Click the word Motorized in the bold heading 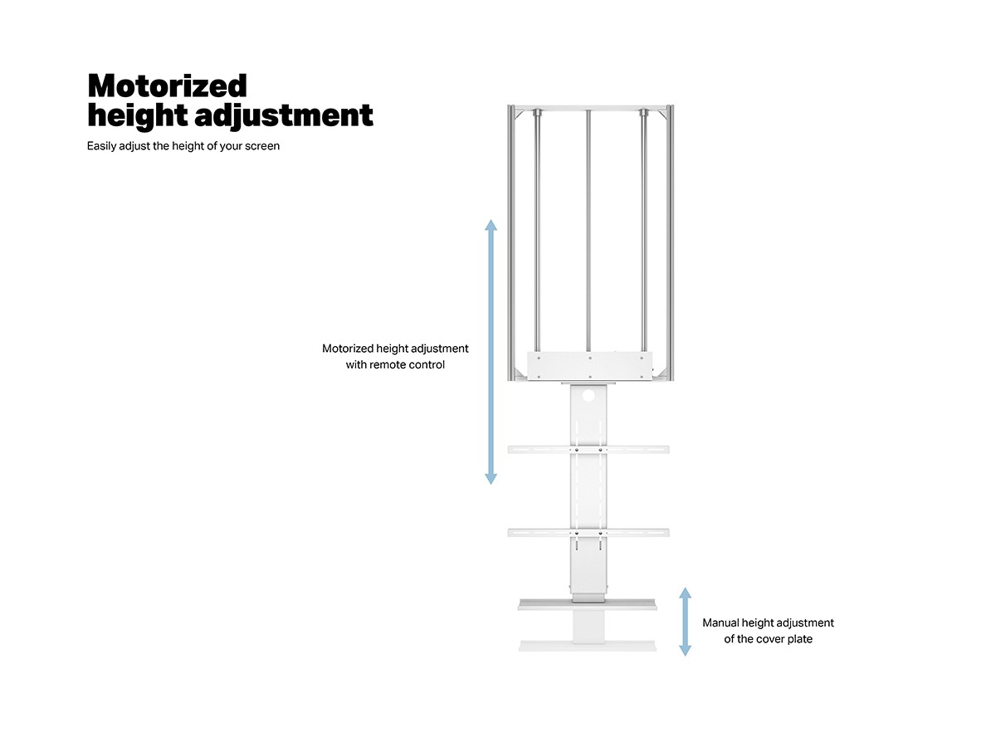point(168,85)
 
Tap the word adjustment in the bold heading point(284,115)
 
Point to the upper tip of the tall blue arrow point(491,220)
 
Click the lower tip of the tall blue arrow point(491,484)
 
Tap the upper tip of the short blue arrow point(686,588)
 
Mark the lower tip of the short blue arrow point(686,656)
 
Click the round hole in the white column point(588,396)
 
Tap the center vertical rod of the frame point(588,231)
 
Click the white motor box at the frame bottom point(589,365)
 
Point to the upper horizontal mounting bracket point(588,450)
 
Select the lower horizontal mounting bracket point(588,533)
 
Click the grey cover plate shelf point(588,604)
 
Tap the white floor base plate point(588,646)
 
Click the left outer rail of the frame point(511,242)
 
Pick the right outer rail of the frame point(670,242)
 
